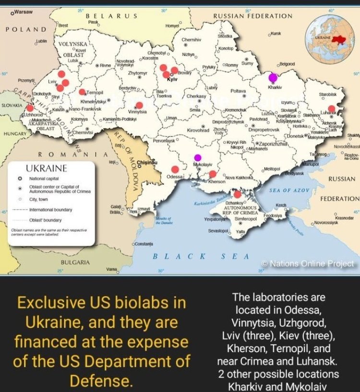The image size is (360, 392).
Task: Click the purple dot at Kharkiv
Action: click(273, 77)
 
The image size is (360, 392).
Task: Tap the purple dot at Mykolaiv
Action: click(197, 157)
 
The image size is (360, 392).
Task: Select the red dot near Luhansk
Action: click(331, 108)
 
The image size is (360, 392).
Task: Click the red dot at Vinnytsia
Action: click(139, 105)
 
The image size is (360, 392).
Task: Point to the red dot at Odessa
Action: click(175, 169)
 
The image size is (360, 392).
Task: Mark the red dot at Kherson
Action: click(213, 174)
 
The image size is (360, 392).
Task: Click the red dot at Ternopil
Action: click(82, 92)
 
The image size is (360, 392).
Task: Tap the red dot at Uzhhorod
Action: click(30, 108)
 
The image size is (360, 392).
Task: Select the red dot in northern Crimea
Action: click(237, 194)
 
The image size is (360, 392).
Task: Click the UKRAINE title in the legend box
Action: click(46, 169)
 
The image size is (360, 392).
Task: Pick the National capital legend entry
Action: click(43, 178)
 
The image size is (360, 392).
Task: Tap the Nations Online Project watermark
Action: click(308, 263)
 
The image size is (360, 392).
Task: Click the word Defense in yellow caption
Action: click(101, 381)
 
